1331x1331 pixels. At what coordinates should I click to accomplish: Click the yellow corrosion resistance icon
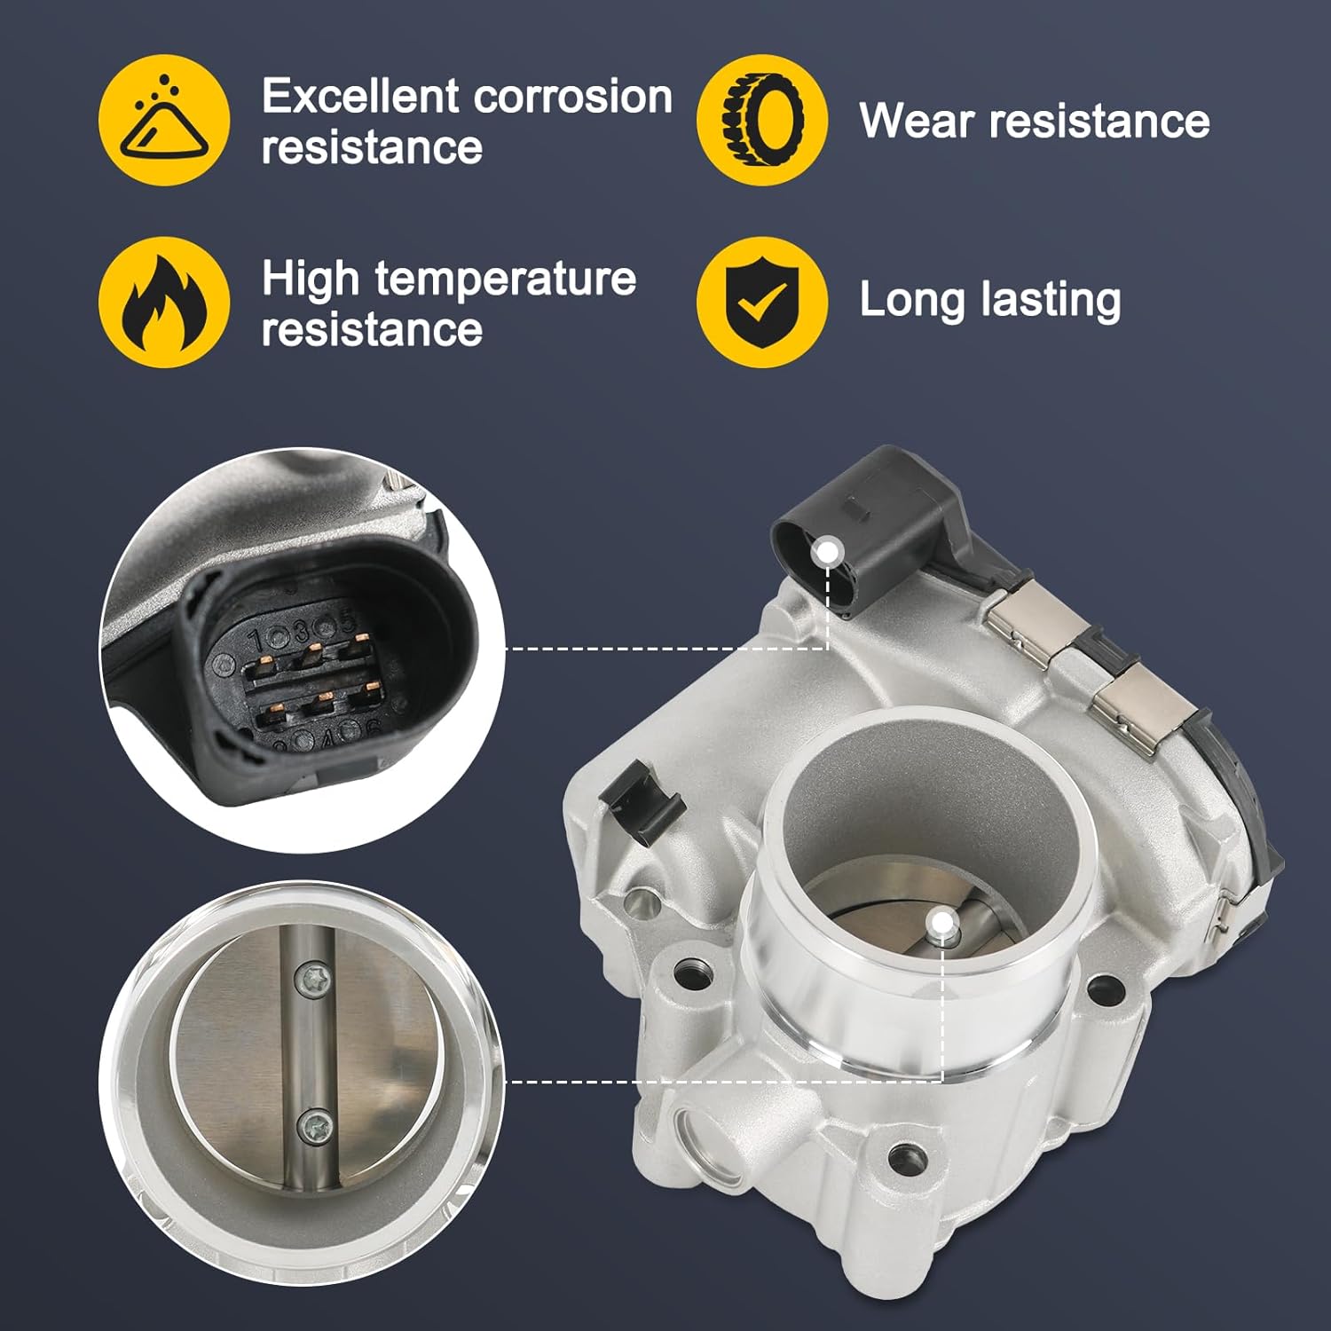164,120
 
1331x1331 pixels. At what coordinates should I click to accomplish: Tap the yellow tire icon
762,120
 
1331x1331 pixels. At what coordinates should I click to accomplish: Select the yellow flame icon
164,303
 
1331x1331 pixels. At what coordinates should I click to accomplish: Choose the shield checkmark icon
762,303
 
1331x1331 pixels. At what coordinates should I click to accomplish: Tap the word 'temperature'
506,279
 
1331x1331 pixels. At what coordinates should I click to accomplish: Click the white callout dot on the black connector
829,552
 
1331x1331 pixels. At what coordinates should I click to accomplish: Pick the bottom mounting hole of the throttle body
904,1155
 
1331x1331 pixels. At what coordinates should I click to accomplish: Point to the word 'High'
310,279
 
